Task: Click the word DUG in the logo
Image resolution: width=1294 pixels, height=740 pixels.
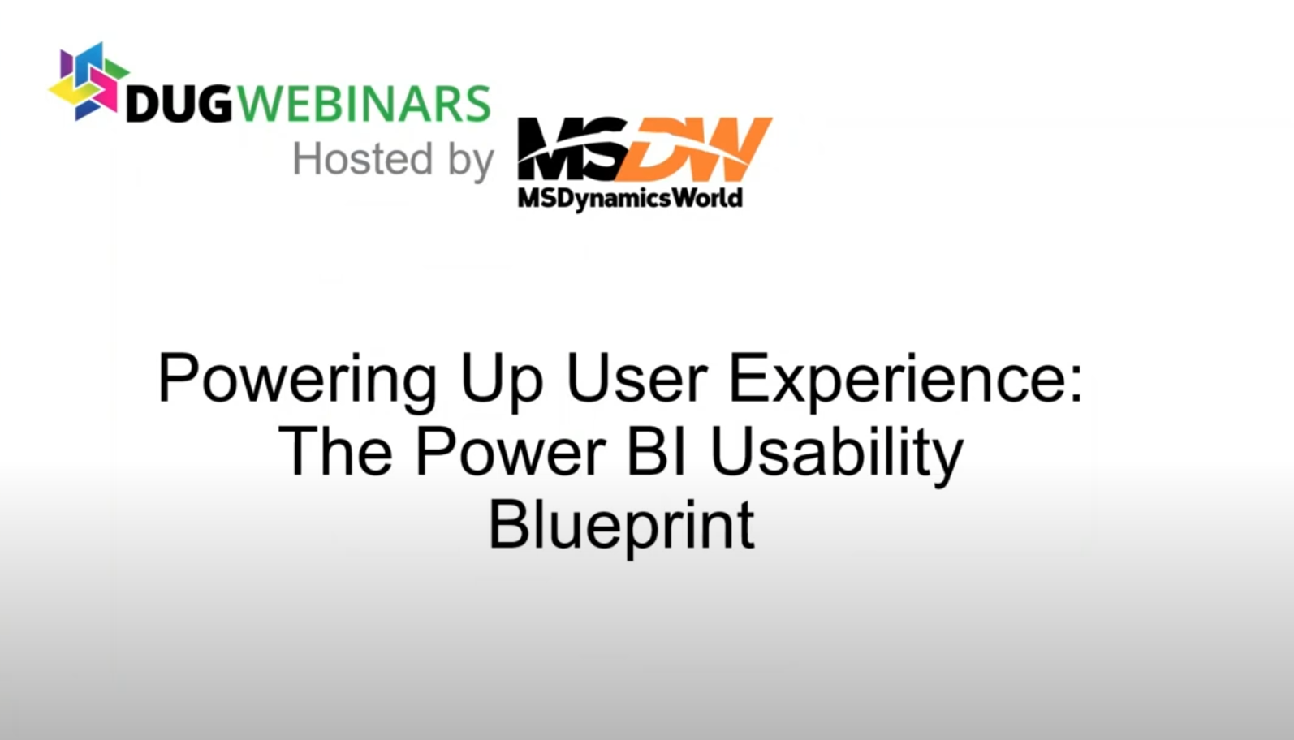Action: (x=179, y=104)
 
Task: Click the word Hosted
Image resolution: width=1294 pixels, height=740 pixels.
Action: (x=362, y=158)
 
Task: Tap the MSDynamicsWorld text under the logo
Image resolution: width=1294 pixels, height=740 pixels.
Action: (x=630, y=198)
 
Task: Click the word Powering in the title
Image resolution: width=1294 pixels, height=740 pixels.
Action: (x=297, y=379)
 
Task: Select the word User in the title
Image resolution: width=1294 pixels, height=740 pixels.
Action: (x=636, y=379)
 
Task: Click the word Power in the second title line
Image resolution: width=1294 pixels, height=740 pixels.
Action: (x=510, y=452)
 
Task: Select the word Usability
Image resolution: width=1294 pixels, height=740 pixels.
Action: (x=836, y=452)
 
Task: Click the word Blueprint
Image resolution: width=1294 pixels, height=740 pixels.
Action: (x=621, y=525)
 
